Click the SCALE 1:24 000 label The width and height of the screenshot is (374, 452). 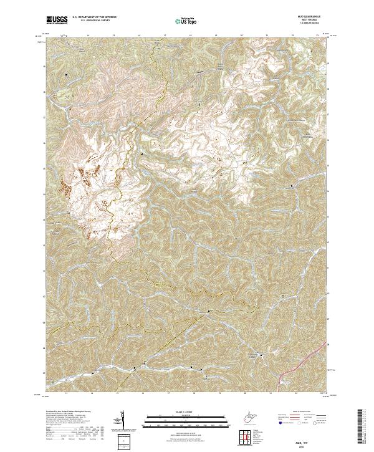(180, 411)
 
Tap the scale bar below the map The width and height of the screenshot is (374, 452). (180, 418)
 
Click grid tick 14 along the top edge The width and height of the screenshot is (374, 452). (89, 36)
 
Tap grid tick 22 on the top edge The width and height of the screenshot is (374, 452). (292, 36)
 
